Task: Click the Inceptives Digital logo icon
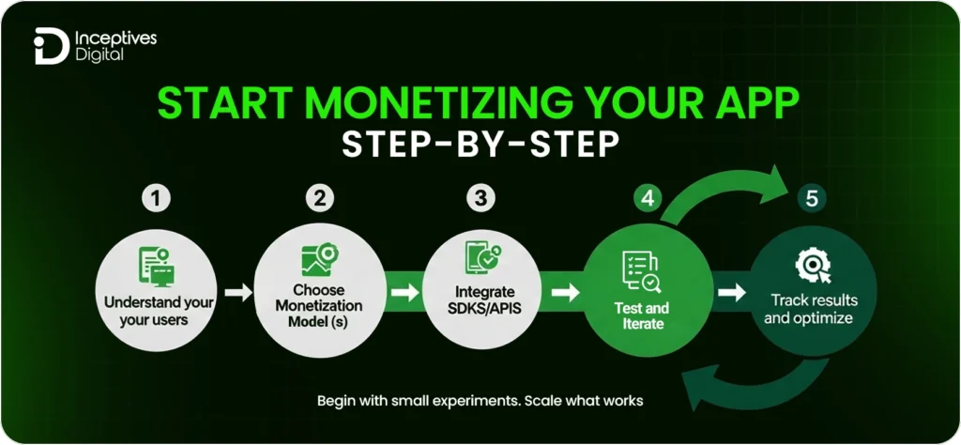pyautogui.click(x=48, y=47)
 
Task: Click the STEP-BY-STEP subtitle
pyautogui.click(x=480, y=147)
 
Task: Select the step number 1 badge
pyautogui.click(x=156, y=199)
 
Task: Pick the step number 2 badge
pyautogui.click(x=320, y=199)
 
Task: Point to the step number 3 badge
pyautogui.click(x=480, y=199)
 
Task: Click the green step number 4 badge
pyautogui.click(x=645, y=199)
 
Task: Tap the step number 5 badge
pyautogui.click(x=810, y=199)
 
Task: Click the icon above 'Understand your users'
pyautogui.click(x=155, y=265)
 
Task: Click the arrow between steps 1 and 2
pyautogui.click(x=239, y=293)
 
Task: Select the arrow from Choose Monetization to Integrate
pyautogui.click(x=403, y=293)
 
